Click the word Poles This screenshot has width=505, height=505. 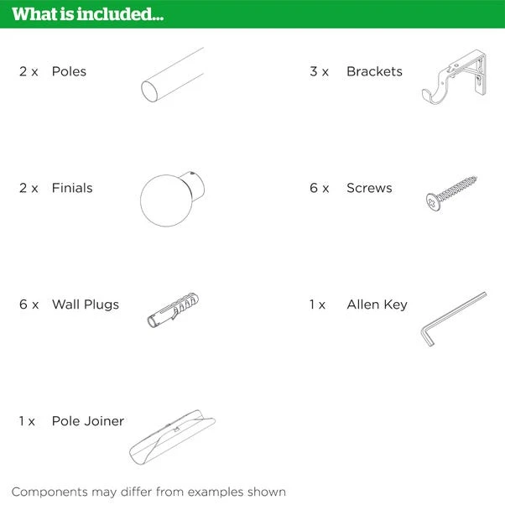tap(69, 71)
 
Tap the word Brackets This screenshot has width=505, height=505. tap(374, 71)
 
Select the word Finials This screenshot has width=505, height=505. tap(72, 188)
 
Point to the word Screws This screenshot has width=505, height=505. tap(369, 188)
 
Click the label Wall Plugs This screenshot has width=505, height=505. tap(86, 305)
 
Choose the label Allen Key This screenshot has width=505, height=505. tap(377, 305)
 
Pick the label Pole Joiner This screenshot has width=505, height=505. tap(88, 421)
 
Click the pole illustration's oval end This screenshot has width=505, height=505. tap(149, 91)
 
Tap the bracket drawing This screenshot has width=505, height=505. tap(454, 77)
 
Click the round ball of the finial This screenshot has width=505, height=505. tap(166, 200)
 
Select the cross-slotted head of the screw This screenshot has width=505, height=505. tap(433, 202)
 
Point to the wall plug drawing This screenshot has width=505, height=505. tap(173, 310)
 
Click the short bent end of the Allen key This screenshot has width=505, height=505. tap(426, 336)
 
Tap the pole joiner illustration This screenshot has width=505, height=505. tap(172, 437)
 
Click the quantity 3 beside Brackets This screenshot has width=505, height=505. tap(314, 71)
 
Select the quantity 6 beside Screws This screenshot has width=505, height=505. tap(314, 188)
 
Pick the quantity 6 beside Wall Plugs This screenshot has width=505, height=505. tap(23, 305)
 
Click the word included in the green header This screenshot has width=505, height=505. tap(120, 14)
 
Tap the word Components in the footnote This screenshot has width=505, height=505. tap(49, 492)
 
